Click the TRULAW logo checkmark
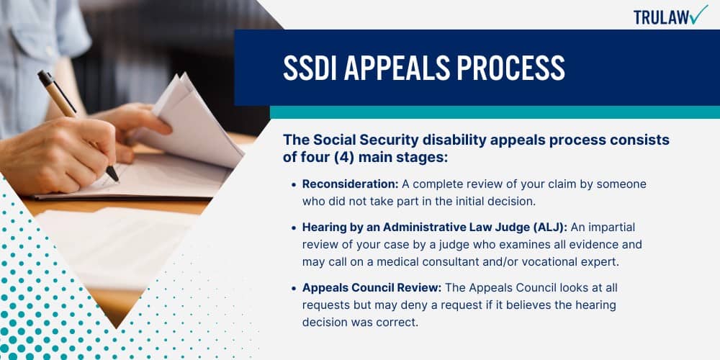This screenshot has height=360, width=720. point(698,14)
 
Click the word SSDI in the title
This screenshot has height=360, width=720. point(309,68)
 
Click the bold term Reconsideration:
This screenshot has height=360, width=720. point(351,184)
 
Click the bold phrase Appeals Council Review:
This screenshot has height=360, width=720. point(372,288)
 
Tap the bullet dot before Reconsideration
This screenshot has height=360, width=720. point(294,184)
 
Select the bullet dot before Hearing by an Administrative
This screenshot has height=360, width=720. point(294,228)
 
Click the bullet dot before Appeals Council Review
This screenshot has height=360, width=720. point(294,289)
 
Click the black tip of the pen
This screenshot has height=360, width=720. point(112,175)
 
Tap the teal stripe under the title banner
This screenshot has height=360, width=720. point(495,112)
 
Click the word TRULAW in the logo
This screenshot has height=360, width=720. point(661,17)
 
